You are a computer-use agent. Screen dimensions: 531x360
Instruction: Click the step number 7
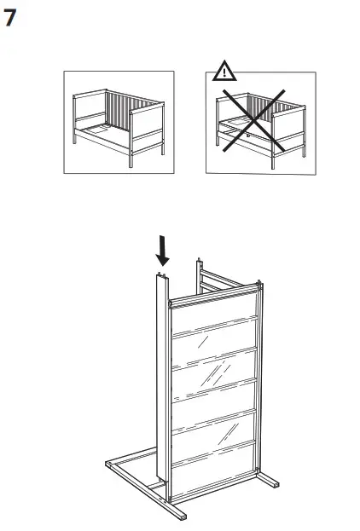15,18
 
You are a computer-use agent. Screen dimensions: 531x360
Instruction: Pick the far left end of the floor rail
110,465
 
